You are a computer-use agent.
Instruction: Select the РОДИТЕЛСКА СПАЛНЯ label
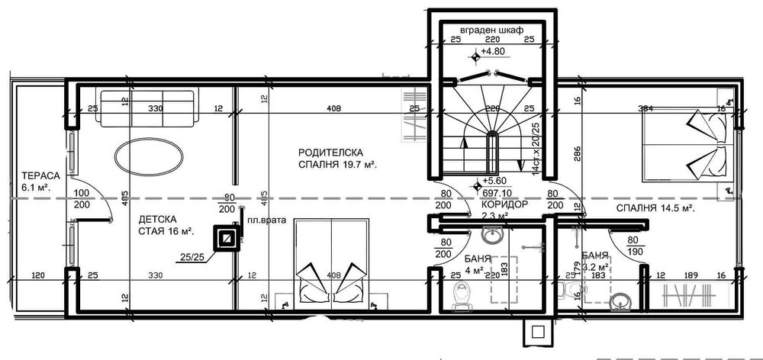pos(339,158)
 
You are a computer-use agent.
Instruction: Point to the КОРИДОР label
pos(504,206)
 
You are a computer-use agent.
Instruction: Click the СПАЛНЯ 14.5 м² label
pos(655,207)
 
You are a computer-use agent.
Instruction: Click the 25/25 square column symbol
pos(227,239)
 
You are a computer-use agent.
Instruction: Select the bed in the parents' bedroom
pos(330,263)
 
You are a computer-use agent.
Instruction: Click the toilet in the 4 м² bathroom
pos(463,294)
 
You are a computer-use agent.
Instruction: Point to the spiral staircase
pos(488,130)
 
